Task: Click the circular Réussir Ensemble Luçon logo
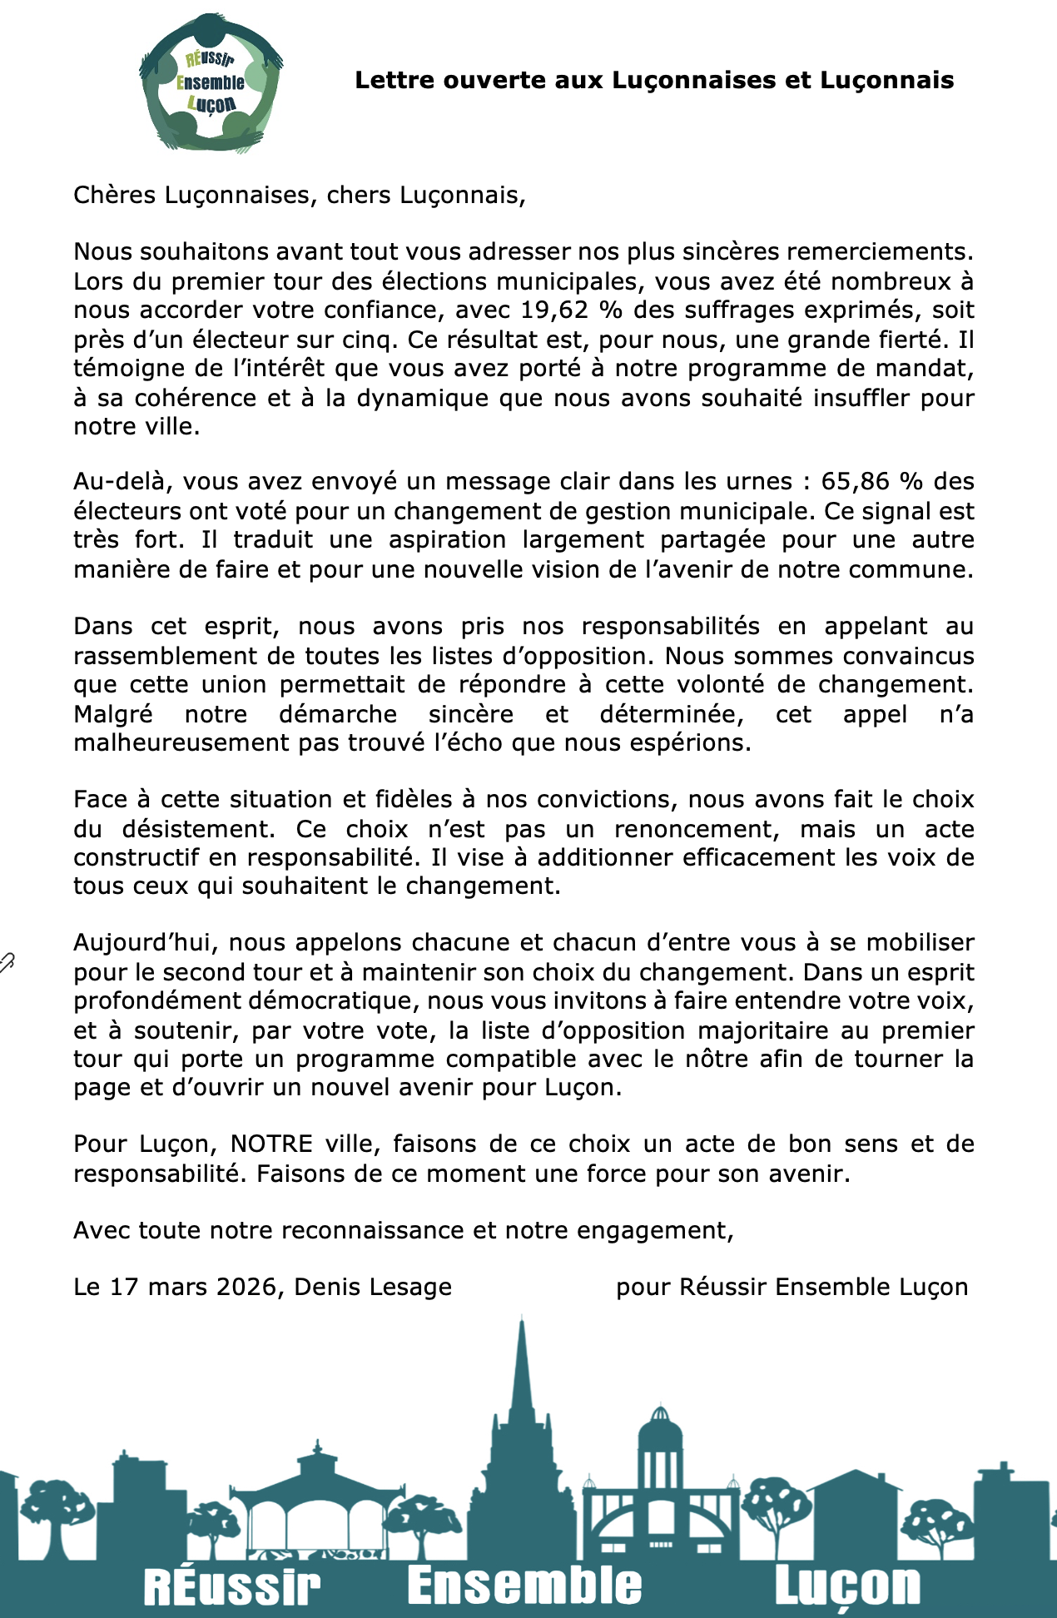[211, 82]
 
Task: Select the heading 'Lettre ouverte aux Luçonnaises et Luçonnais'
[654, 81]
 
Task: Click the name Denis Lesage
[373, 1287]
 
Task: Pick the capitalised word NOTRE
[271, 1144]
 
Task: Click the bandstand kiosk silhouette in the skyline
[320, 1490]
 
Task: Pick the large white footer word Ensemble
[524, 1586]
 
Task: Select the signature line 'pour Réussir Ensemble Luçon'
[792, 1287]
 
